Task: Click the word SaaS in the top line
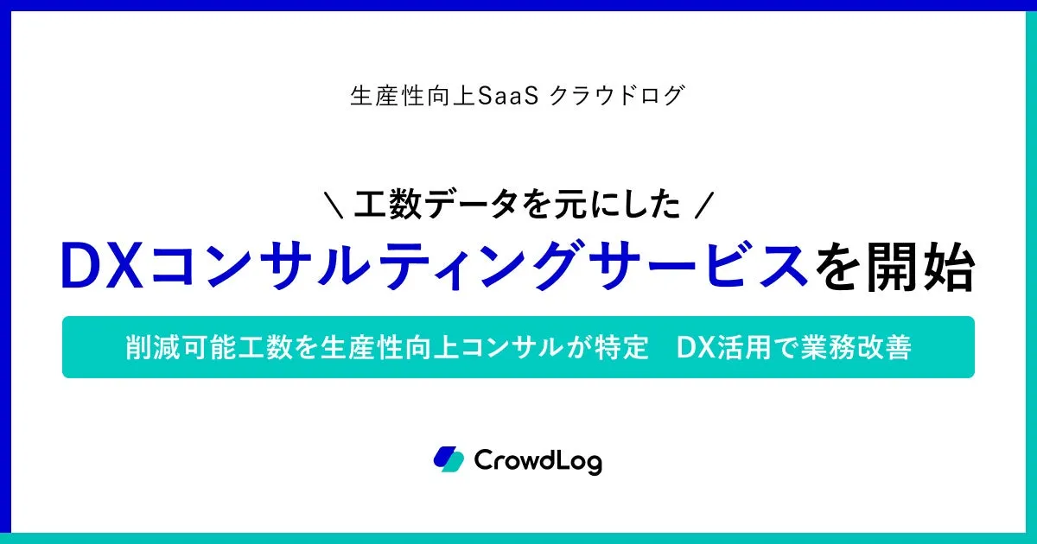(x=508, y=96)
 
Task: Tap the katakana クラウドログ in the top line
(x=617, y=96)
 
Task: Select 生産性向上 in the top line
(x=413, y=96)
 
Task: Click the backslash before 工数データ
(x=334, y=205)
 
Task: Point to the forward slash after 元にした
(x=705, y=205)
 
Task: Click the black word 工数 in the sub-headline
(x=388, y=205)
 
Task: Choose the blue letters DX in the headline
(x=102, y=267)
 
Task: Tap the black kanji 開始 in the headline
(x=921, y=267)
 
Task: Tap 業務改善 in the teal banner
(x=856, y=347)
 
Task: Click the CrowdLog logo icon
(x=449, y=459)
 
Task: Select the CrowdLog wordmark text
(x=538, y=461)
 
